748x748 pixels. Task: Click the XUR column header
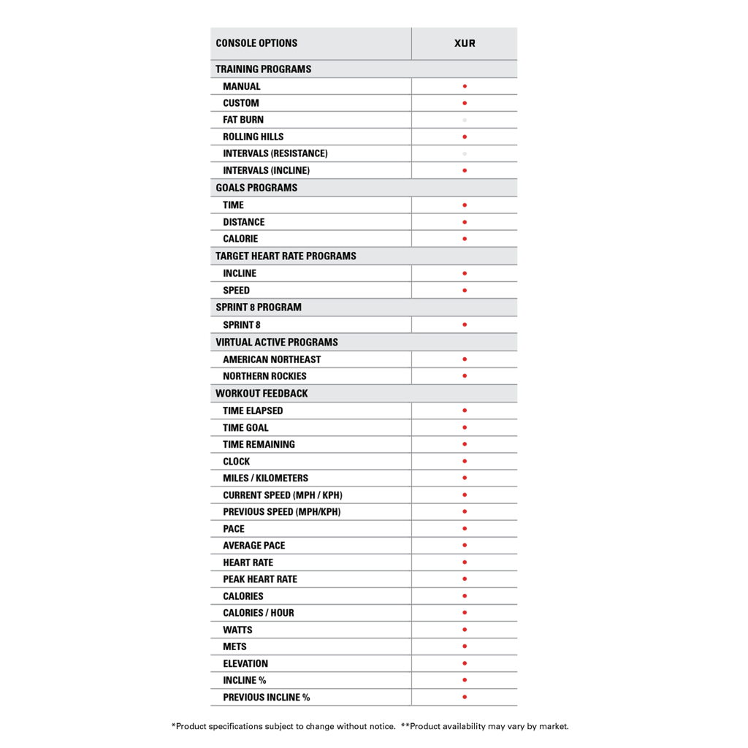pyautogui.click(x=465, y=43)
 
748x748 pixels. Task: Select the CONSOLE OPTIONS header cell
pyautogui.click(x=256, y=43)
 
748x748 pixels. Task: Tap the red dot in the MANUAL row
pyautogui.click(x=465, y=86)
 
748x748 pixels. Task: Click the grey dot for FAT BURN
pyautogui.click(x=465, y=120)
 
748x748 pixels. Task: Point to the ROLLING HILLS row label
pyautogui.click(x=253, y=137)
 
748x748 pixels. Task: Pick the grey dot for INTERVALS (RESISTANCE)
pyautogui.click(x=465, y=153)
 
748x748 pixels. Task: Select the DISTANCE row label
pyautogui.click(x=244, y=222)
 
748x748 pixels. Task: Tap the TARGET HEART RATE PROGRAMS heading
pyautogui.click(x=286, y=256)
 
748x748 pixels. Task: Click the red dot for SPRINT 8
pyautogui.click(x=465, y=324)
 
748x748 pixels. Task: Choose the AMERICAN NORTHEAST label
pyautogui.click(x=272, y=359)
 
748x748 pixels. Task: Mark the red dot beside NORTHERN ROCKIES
pyautogui.click(x=465, y=376)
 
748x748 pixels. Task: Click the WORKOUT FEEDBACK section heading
pyautogui.click(x=262, y=393)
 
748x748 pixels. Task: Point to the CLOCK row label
pyautogui.click(x=236, y=462)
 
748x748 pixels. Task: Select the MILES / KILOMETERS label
pyautogui.click(x=265, y=478)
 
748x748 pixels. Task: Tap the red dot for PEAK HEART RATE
pyautogui.click(x=465, y=579)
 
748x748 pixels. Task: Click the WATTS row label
pyautogui.click(x=237, y=630)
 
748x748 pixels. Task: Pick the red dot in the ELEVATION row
pyautogui.click(x=465, y=663)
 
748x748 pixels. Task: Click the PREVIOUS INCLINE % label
pyautogui.click(x=266, y=697)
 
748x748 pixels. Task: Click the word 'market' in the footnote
pyautogui.click(x=552, y=726)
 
